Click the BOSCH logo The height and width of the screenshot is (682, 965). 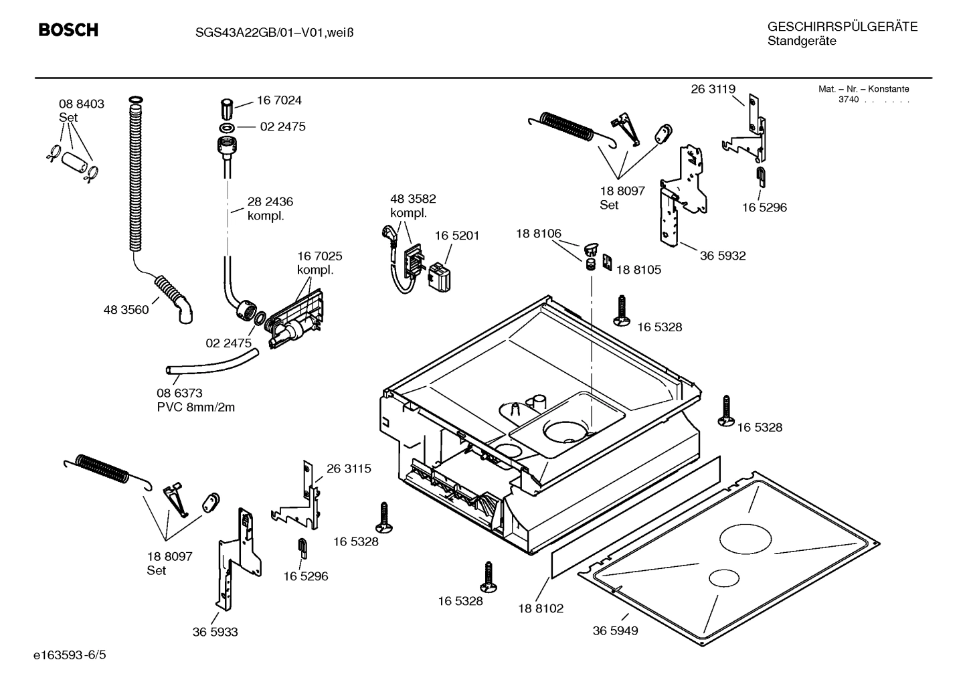pos(68,30)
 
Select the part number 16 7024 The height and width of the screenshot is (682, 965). pos(279,100)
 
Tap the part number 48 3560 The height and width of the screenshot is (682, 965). pos(126,310)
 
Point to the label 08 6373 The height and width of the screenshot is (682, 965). pos(179,393)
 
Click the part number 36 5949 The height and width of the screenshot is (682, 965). pos(615,630)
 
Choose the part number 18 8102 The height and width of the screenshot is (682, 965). pos(541,608)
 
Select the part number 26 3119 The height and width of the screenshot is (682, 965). pos(713,89)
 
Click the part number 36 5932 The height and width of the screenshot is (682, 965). pos(723,256)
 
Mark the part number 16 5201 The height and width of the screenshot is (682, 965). pos(457,236)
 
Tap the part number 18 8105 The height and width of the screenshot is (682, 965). pos(638,270)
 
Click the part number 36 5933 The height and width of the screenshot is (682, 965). pos(215,632)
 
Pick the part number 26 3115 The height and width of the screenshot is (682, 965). pos(349,468)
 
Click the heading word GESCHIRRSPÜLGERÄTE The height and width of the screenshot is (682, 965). pos(842,27)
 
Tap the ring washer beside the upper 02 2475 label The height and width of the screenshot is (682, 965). pos(226,127)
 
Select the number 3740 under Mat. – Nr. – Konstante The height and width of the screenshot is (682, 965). pos(848,100)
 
